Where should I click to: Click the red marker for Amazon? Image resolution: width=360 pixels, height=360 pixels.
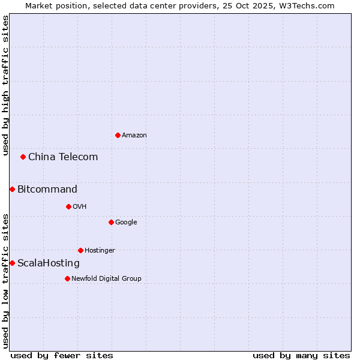point(118,135)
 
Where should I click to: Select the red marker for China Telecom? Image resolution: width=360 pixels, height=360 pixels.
point(23,157)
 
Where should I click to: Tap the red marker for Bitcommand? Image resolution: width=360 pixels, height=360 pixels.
point(12,190)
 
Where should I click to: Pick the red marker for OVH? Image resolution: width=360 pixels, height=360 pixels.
point(68,206)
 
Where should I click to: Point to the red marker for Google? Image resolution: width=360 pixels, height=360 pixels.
point(111,222)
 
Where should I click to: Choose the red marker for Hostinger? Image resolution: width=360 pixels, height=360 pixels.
point(80,250)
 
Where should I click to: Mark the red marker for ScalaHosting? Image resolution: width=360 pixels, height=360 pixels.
point(12,263)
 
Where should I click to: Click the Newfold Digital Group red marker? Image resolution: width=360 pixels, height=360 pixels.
point(67,278)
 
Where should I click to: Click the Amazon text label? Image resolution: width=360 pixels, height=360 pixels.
point(134,136)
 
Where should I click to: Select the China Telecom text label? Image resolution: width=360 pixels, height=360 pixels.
point(63,157)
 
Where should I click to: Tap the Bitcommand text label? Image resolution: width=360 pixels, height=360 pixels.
point(47,190)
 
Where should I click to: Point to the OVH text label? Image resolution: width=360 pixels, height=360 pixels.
point(80,207)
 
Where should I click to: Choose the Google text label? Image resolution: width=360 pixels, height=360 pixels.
point(126,223)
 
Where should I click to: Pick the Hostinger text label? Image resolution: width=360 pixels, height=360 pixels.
point(100,251)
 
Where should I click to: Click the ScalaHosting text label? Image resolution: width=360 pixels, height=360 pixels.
point(49,263)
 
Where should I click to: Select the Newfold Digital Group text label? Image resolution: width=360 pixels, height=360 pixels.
point(106,278)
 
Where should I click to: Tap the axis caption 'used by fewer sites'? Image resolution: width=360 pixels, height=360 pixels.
point(62,355)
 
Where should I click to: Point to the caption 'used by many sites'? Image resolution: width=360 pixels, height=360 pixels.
point(301,355)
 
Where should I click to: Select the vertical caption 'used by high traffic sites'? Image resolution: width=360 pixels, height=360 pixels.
point(5,85)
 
